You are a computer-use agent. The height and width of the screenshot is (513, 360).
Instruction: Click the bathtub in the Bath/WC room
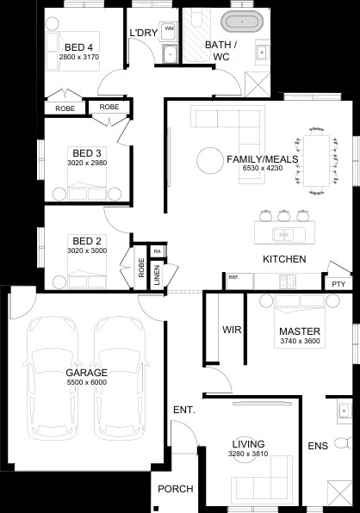pyautogui.click(x=242, y=22)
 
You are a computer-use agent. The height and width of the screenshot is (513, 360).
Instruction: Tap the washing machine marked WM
pyautogui.click(x=169, y=31)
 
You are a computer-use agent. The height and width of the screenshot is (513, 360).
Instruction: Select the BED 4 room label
pyautogui.click(x=78, y=47)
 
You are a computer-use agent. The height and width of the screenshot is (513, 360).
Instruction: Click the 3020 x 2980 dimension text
pyautogui.click(x=87, y=163)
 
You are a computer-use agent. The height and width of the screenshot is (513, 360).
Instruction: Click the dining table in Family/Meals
pyautogui.click(x=316, y=160)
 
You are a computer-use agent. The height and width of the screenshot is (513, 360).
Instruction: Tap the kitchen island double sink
pyautogui.click(x=284, y=235)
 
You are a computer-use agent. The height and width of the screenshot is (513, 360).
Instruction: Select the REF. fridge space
pyautogui.click(x=239, y=281)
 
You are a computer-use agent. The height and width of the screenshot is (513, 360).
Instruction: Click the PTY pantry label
pyautogui.click(x=338, y=284)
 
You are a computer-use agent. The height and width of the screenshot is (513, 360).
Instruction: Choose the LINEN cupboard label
pyautogui.click(x=157, y=275)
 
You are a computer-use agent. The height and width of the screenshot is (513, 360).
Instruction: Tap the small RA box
pyautogui.click(x=158, y=251)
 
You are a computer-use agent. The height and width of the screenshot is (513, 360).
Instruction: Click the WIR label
pyautogui.click(x=232, y=330)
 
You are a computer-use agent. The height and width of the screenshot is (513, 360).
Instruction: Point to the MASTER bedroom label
pyautogui.click(x=300, y=331)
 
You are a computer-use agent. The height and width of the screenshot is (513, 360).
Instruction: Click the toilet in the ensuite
pyautogui.click(x=344, y=443)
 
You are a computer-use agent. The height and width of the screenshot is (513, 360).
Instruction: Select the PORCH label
pyautogui.click(x=176, y=489)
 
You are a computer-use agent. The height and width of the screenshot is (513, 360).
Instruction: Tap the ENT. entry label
pyautogui.click(x=184, y=410)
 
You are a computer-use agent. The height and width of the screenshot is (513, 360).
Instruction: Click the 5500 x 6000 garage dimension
pyautogui.click(x=87, y=382)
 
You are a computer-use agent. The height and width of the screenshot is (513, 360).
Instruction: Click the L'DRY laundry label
pyautogui.click(x=144, y=33)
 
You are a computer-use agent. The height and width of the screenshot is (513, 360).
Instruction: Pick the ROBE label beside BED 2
pyautogui.click(x=141, y=268)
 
